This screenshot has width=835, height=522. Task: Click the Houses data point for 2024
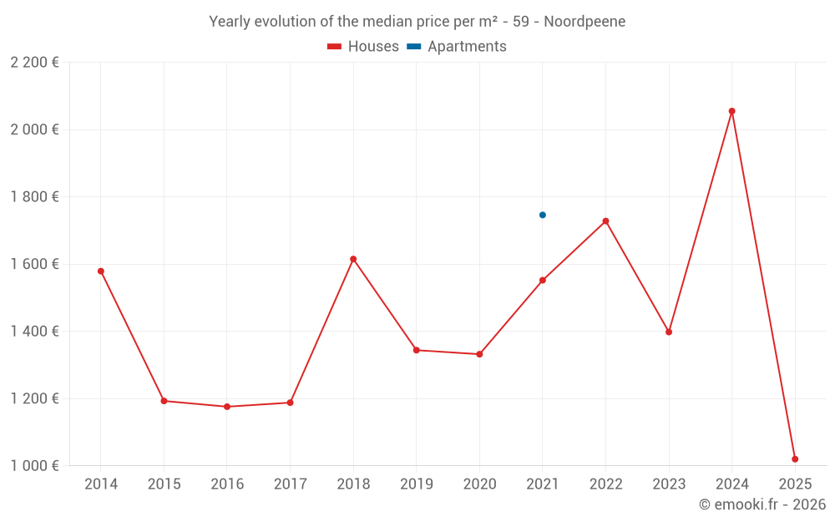(731, 111)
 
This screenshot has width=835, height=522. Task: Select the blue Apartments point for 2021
(543, 215)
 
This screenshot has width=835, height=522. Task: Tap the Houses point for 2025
(795, 459)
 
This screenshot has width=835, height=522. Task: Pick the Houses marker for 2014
(101, 271)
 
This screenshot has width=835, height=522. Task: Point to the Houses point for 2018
(353, 259)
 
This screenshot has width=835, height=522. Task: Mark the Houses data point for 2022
(605, 220)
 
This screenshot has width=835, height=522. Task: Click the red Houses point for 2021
(543, 280)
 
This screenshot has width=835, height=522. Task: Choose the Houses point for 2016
(227, 407)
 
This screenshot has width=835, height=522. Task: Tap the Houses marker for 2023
(669, 332)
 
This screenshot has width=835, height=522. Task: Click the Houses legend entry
(363, 47)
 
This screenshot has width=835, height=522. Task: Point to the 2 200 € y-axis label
(34, 63)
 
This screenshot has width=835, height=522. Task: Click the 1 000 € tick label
(34, 466)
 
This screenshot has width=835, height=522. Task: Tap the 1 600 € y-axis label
(34, 264)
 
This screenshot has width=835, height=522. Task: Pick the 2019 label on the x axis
(416, 484)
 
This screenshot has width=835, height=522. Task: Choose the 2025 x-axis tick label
(795, 484)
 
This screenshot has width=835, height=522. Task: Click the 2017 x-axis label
(290, 484)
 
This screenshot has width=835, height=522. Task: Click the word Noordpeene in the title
(584, 22)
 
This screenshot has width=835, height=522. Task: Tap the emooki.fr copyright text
(762, 504)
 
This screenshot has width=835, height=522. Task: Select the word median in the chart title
(379, 22)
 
